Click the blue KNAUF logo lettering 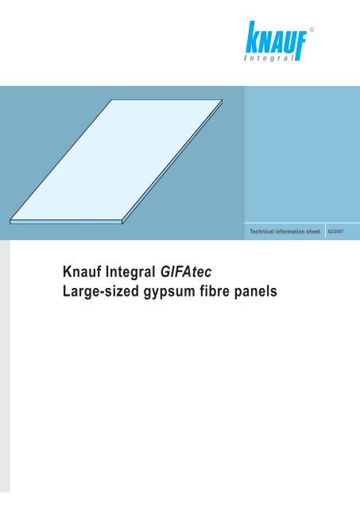click(276, 38)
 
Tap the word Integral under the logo click(269, 58)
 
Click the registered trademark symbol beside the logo click(312, 29)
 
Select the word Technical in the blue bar click(261, 231)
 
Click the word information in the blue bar click(289, 231)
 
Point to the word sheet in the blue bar click(313, 231)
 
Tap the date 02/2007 click(335, 231)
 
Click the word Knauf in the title click(82, 271)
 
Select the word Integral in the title click(130, 272)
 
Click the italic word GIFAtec click(186, 271)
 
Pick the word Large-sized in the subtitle click(101, 291)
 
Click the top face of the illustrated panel click(116, 160)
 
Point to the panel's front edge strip click(66, 222)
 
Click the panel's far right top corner click(223, 100)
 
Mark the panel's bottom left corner click(10, 223)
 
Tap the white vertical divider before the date click(325, 231)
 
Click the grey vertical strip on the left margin click(5, 366)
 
